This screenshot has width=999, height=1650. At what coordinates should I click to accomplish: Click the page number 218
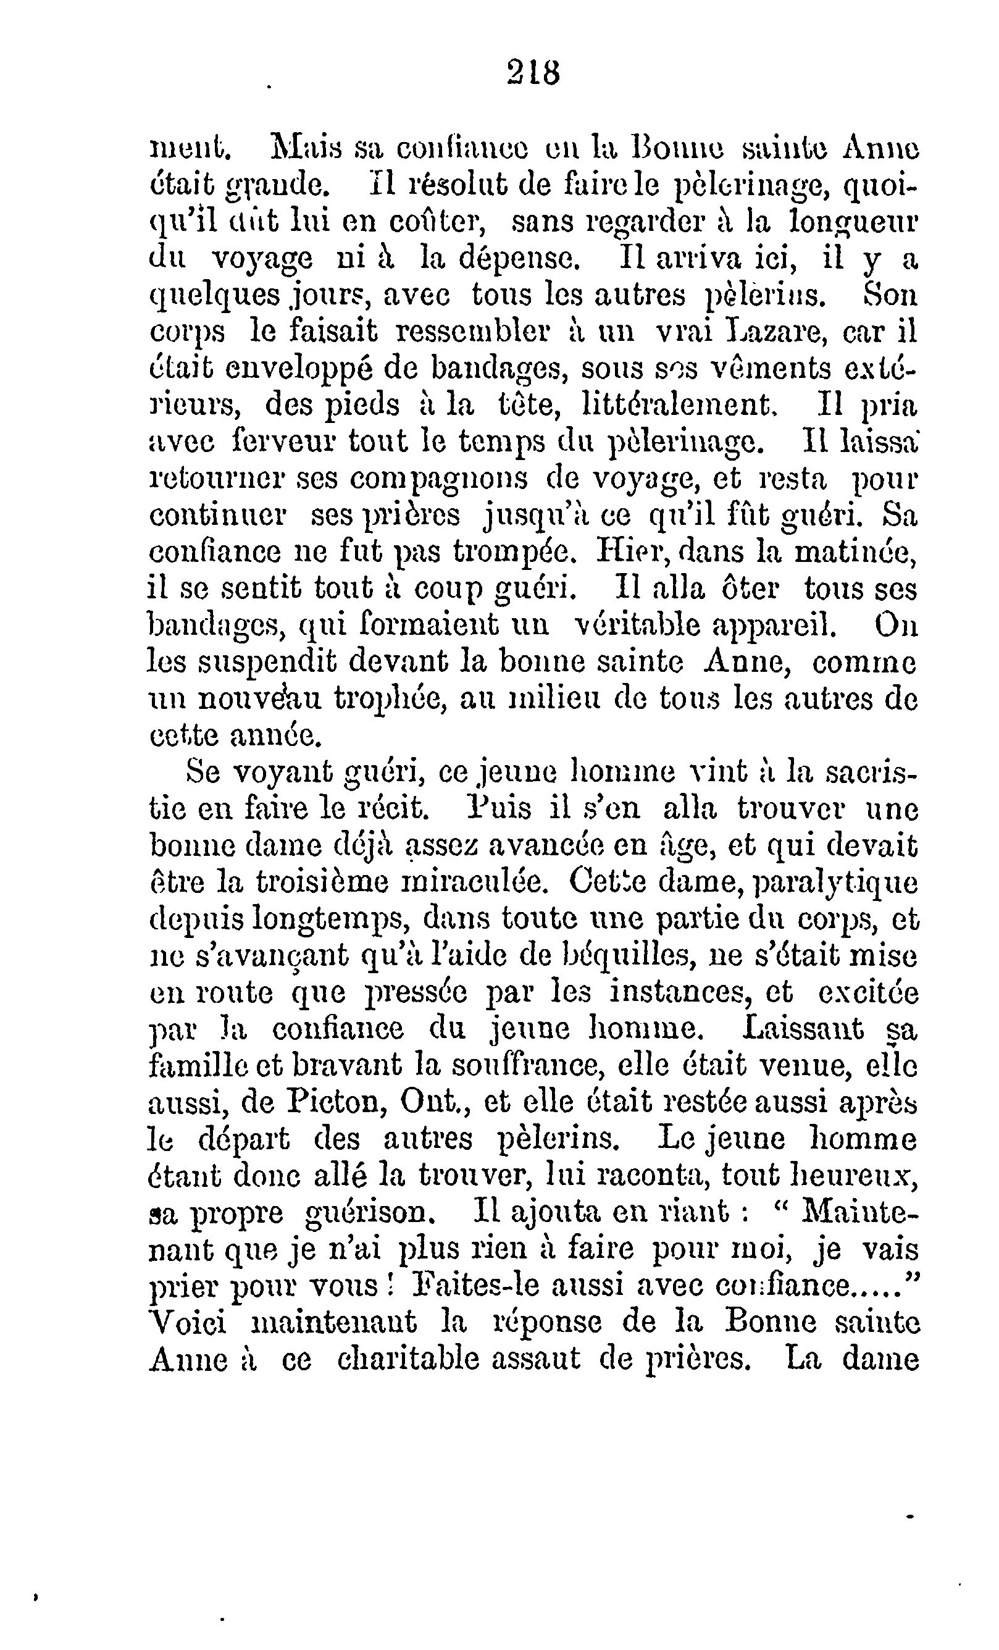coord(533,72)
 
